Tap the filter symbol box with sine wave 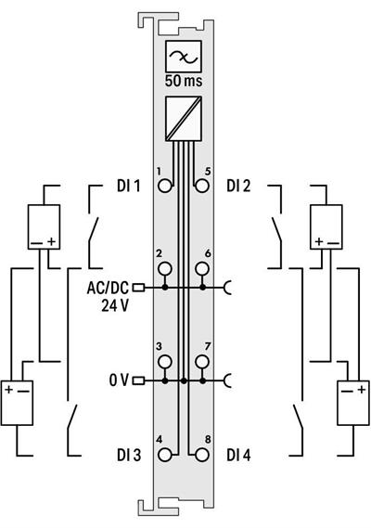pyautogui.click(x=183, y=57)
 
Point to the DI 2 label pyautogui.click(x=238, y=186)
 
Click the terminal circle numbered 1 pyautogui.click(x=164, y=185)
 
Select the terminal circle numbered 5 pyautogui.click(x=202, y=185)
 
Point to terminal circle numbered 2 pyautogui.click(x=164, y=270)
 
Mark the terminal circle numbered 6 pyautogui.click(x=202, y=270)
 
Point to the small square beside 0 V pyautogui.click(x=139, y=380)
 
